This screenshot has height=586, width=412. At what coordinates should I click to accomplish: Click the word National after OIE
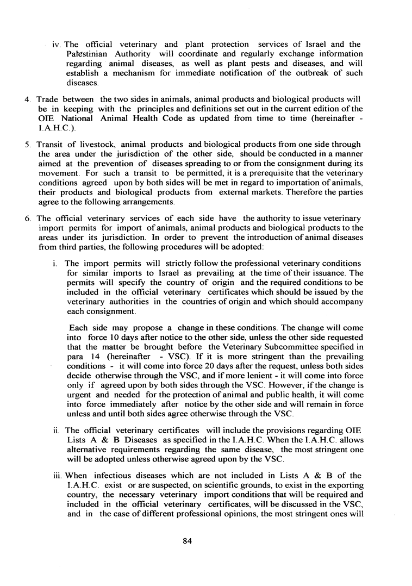71,119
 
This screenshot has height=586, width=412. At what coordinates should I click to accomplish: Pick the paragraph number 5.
28,144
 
